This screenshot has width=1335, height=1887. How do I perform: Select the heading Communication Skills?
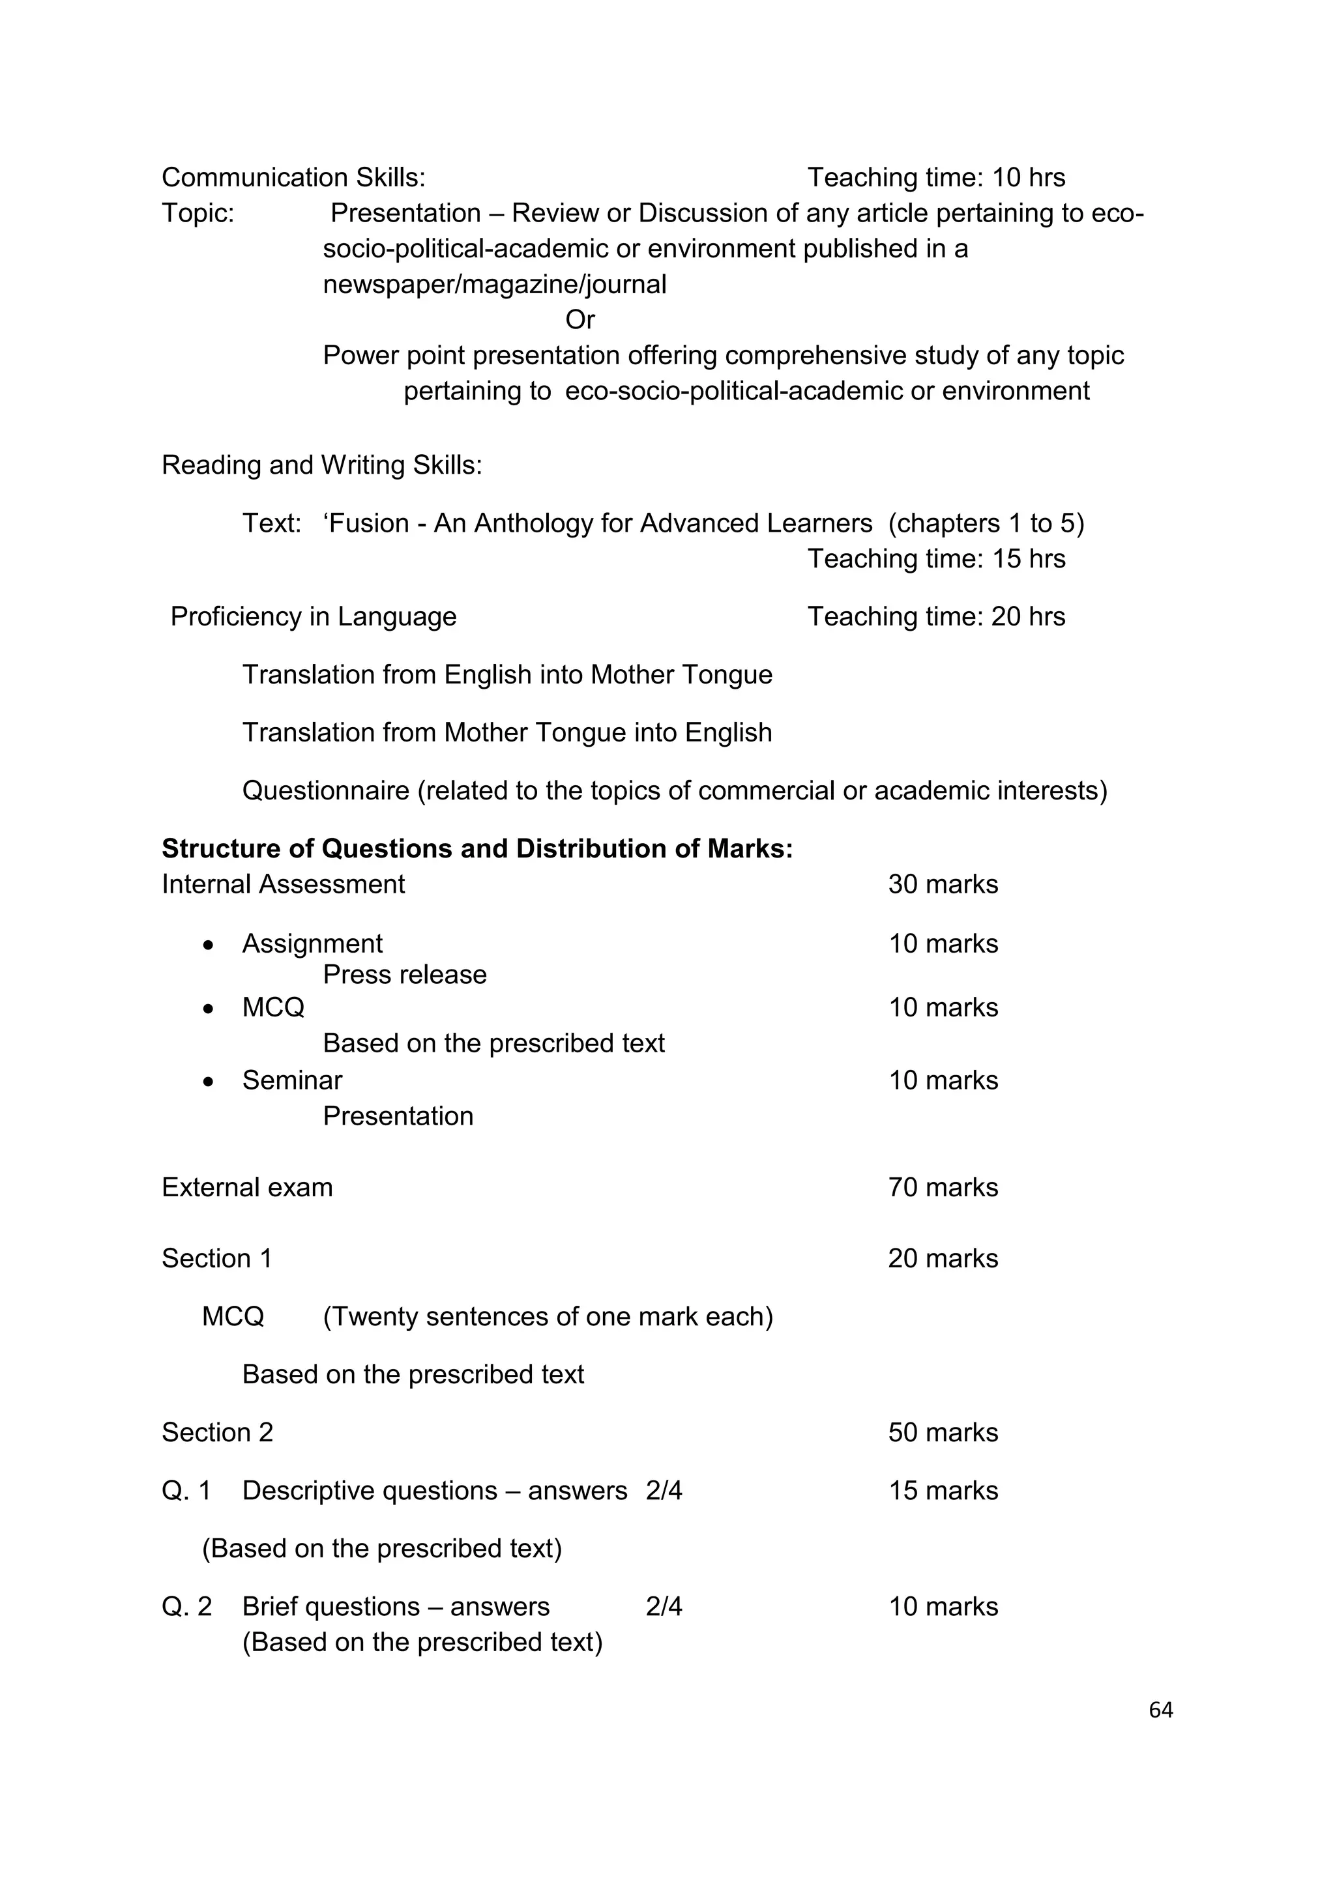click(x=293, y=177)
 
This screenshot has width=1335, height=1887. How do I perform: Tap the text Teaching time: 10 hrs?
click(x=935, y=177)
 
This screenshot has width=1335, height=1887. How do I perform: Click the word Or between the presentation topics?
click(x=579, y=320)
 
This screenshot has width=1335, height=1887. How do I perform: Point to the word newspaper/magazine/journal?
click(x=494, y=284)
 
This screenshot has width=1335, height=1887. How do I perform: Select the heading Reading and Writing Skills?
click(x=321, y=465)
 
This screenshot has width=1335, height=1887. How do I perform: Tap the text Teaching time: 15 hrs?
click(x=935, y=559)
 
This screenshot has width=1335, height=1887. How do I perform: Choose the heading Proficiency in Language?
click(x=313, y=616)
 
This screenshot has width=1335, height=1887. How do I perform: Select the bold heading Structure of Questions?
click(x=477, y=848)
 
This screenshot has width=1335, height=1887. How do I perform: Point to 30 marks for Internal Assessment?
click(x=943, y=884)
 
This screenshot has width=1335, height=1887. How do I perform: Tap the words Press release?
click(x=404, y=975)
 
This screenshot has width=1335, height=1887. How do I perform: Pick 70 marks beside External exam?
click(x=943, y=1188)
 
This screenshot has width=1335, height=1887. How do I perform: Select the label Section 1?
click(x=217, y=1258)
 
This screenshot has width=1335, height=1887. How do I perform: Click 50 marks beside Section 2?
click(x=943, y=1432)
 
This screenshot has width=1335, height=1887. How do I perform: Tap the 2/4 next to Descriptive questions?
click(x=664, y=1491)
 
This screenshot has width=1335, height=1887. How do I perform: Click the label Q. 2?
click(x=186, y=1607)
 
